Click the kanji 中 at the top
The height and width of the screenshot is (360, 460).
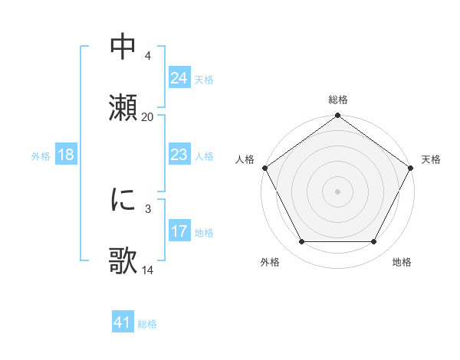coord(123,46)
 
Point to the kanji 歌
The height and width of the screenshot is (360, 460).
coord(123,260)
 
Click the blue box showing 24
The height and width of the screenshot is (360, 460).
coord(179,77)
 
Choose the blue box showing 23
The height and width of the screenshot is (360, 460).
coord(179,154)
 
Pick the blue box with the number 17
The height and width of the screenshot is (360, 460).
coord(179,231)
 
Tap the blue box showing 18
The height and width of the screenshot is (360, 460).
coord(66,154)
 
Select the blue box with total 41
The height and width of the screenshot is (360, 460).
coord(123,322)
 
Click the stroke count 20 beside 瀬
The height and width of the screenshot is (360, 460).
coord(147,116)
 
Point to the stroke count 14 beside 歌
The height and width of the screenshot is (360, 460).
coord(147,270)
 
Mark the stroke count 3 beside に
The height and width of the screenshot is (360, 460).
coord(147,208)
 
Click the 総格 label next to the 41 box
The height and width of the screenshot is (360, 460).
coord(147,324)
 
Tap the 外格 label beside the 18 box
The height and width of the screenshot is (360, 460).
coord(41,155)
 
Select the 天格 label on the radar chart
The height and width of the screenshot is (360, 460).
coord(431,159)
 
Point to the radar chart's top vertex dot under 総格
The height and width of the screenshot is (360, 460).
coord(337,116)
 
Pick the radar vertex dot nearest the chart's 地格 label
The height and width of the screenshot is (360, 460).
coord(374,242)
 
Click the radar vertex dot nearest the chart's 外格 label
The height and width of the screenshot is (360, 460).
coord(301,242)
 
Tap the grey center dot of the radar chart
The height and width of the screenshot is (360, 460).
coord(337,191)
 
